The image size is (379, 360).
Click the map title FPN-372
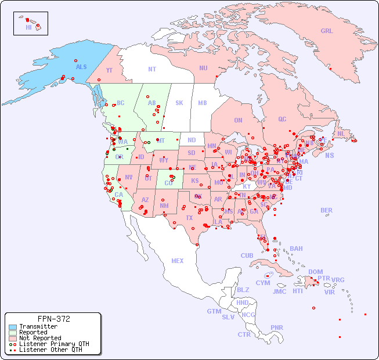pos(53,319)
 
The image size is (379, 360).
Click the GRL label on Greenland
pos(327,31)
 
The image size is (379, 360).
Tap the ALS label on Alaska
pos(81,67)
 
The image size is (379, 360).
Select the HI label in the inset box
pos(28,27)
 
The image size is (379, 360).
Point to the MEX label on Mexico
pos(178,261)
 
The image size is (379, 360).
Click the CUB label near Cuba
pos(247,255)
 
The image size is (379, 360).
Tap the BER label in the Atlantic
pos(326,210)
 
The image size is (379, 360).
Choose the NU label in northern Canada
pos(203,68)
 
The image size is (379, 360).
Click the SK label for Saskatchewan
pos(179,103)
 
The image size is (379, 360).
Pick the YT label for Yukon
pos(109,70)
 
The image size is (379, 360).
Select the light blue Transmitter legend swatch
pos(13,327)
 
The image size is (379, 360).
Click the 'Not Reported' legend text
pos(40,338)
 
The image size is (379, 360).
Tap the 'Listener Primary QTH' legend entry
pos(54,344)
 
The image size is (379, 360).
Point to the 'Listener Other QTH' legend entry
pos(50,350)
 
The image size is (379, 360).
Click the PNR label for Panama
pos(277,327)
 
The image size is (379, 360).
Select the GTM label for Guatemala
pos(214,311)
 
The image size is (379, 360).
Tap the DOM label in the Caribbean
pos(315,272)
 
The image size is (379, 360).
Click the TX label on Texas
pos(189,218)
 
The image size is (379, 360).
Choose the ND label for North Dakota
pos(192,140)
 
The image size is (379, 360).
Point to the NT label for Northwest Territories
pos(152,69)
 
